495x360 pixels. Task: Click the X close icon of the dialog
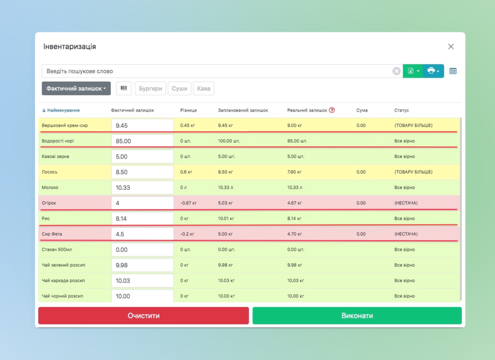coord(451,47)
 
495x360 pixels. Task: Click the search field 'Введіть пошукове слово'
coord(218,72)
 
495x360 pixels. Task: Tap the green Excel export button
coord(412,71)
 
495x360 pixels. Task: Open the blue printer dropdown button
coord(433,71)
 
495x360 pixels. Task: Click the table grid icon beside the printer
coord(453,71)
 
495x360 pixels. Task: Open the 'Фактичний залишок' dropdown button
coord(76,88)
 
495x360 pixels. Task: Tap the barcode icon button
coord(124,88)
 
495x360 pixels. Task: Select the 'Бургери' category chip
coord(150,88)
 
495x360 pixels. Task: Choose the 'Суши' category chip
coord(179,88)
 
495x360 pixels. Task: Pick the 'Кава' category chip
coord(204,88)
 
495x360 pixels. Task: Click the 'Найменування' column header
coord(61,110)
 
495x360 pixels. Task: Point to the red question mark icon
coord(332,110)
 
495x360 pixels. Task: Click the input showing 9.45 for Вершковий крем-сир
coord(142,126)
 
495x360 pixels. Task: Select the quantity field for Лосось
coord(142,172)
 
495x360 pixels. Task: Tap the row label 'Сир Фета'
coord(52,234)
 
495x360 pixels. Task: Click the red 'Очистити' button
coord(144,316)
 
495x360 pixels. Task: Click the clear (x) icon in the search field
coord(396,72)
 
